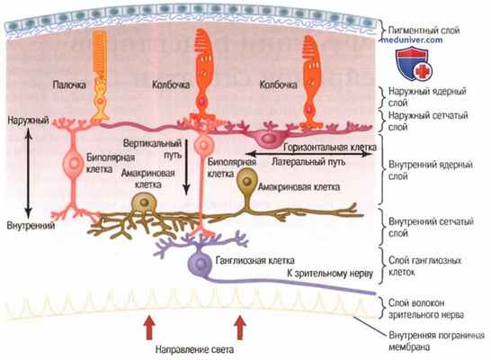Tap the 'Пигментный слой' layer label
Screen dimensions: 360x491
[x=423, y=30]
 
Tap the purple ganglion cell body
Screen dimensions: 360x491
[x=200, y=263]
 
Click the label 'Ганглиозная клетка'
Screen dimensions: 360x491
[x=249, y=260]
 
